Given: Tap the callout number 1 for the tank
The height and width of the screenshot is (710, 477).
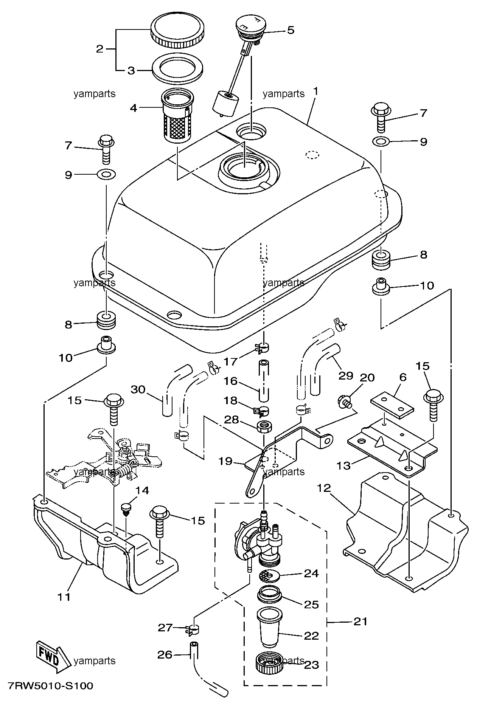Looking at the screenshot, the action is coord(315,92).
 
